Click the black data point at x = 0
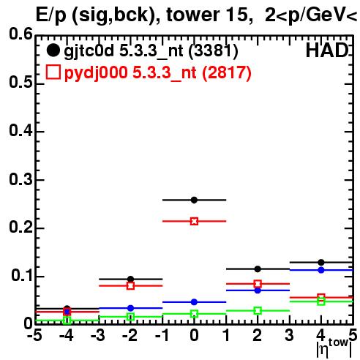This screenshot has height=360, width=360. (x=194, y=200)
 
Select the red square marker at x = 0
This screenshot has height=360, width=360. (x=194, y=222)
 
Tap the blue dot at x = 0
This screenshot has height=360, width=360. (x=194, y=302)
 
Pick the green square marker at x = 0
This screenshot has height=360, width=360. (x=194, y=314)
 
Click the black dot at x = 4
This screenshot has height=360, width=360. (x=321, y=263)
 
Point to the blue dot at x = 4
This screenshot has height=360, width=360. (x=321, y=270)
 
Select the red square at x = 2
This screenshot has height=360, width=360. (x=258, y=284)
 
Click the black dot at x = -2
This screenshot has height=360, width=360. (x=131, y=279)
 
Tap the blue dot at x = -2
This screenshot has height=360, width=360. (x=131, y=308)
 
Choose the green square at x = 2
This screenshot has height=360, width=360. (x=258, y=311)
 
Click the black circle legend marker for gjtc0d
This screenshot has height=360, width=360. (x=53, y=50)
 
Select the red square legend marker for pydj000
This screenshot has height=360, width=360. (x=53, y=72)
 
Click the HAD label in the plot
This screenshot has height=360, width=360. (x=327, y=50)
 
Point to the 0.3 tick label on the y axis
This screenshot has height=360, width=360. (x=20, y=180)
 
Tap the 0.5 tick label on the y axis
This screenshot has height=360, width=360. (x=20, y=83)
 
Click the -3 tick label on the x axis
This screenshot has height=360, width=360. (x=97, y=335)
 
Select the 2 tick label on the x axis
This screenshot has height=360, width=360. (x=258, y=335)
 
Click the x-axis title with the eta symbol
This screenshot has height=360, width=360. (x=334, y=347)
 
